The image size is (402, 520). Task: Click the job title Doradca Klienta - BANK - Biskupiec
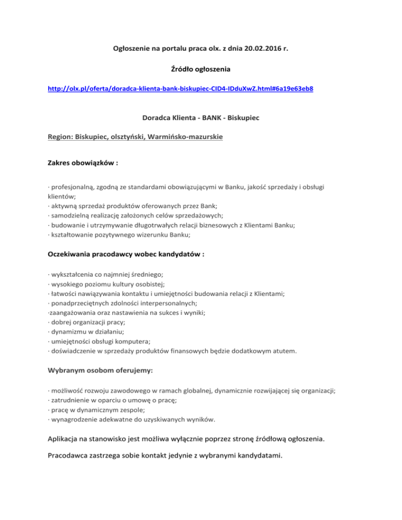point(200,118)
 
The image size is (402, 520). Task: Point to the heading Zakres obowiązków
point(80,163)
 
